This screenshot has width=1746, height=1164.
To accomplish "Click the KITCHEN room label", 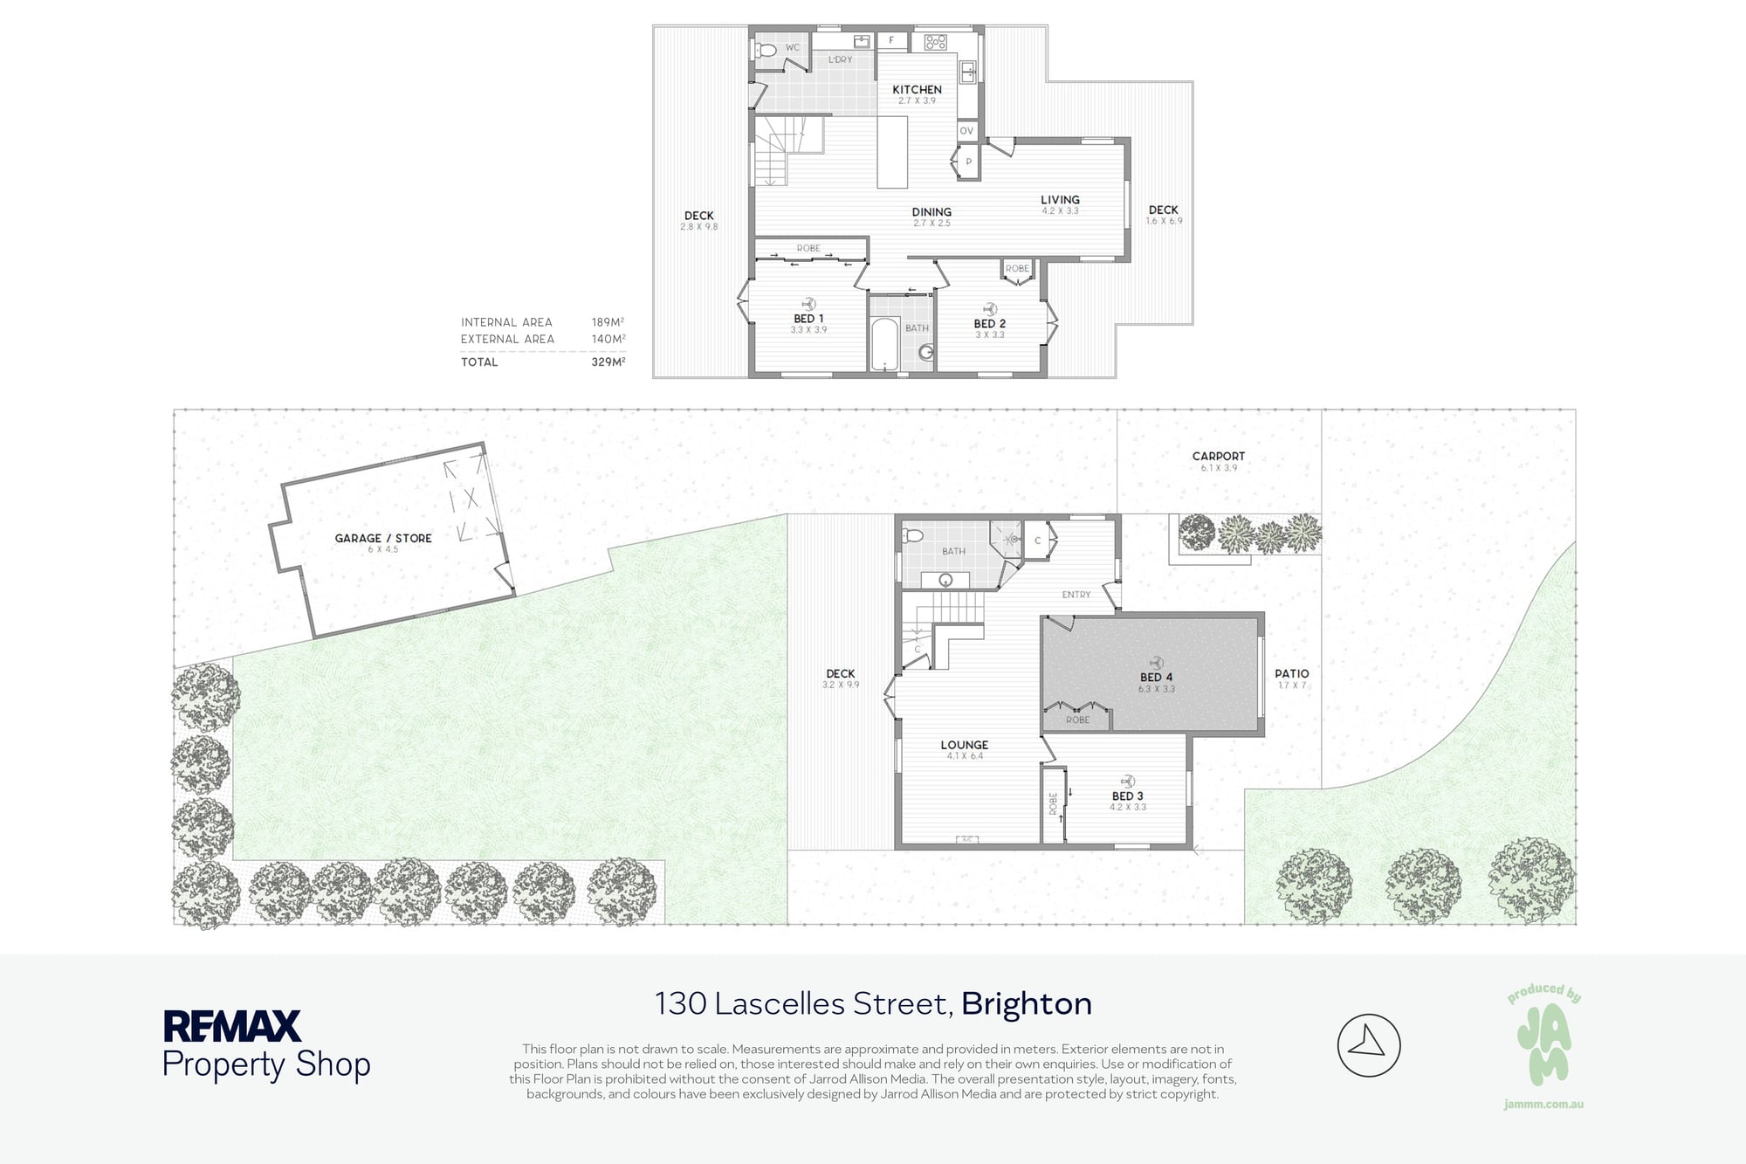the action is (917, 90).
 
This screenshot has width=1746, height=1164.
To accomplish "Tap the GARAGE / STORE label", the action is (383, 538).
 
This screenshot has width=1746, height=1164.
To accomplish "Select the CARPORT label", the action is (1219, 456).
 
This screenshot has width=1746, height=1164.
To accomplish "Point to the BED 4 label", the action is (1156, 677).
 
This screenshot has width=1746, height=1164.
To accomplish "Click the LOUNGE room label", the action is (965, 745).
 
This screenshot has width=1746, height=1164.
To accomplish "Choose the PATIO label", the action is (1292, 673).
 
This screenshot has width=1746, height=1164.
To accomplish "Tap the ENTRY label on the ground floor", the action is (1076, 595).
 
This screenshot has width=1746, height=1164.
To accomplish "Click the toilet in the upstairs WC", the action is (765, 50).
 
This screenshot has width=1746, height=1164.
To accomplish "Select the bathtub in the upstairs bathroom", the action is (884, 344).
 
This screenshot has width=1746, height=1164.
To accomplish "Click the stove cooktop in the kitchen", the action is (936, 42).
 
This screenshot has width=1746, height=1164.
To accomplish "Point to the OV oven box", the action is (966, 131).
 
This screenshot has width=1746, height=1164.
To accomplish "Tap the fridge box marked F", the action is (891, 40).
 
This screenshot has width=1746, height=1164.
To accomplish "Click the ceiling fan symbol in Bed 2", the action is (990, 309).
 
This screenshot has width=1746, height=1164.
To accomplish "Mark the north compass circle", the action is (1369, 1045).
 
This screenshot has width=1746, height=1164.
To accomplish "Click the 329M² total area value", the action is (608, 362).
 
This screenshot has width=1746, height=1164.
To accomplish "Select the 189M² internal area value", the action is (608, 322).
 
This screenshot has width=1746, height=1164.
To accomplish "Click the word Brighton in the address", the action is (1027, 1004).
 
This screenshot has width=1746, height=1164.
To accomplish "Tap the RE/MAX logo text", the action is (232, 1026).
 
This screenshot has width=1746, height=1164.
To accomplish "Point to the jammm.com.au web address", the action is (1543, 1105).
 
